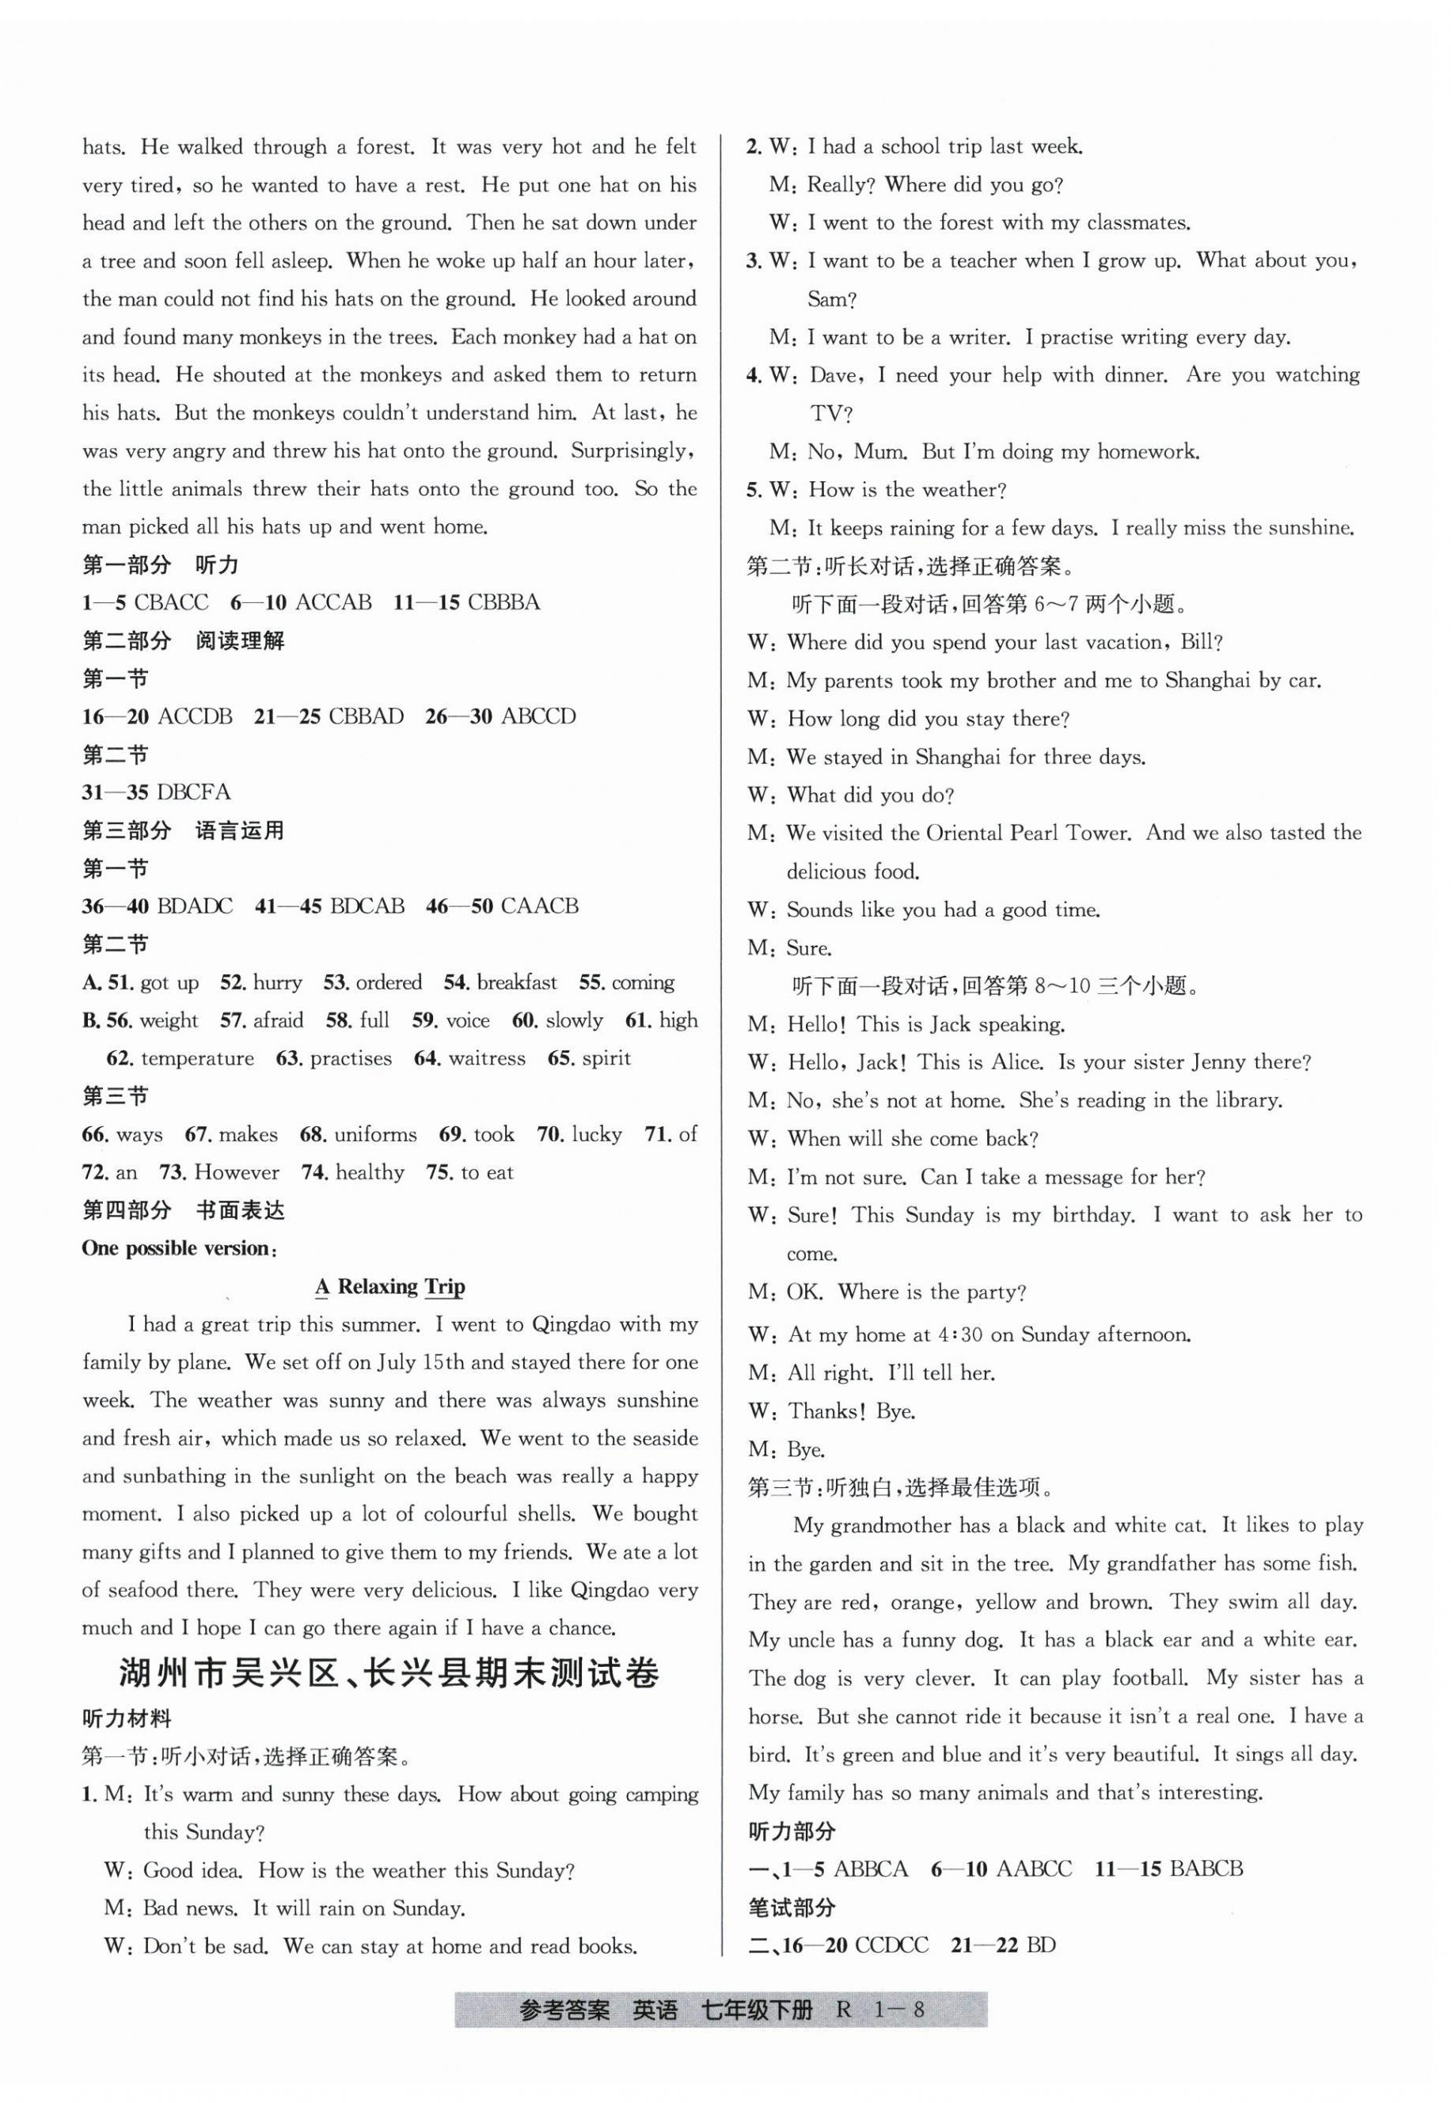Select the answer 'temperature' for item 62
click(197, 1058)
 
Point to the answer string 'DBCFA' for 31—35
click(194, 791)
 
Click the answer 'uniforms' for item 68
click(375, 1134)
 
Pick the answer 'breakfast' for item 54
click(516, 982)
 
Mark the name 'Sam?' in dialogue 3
click(832, 299)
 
